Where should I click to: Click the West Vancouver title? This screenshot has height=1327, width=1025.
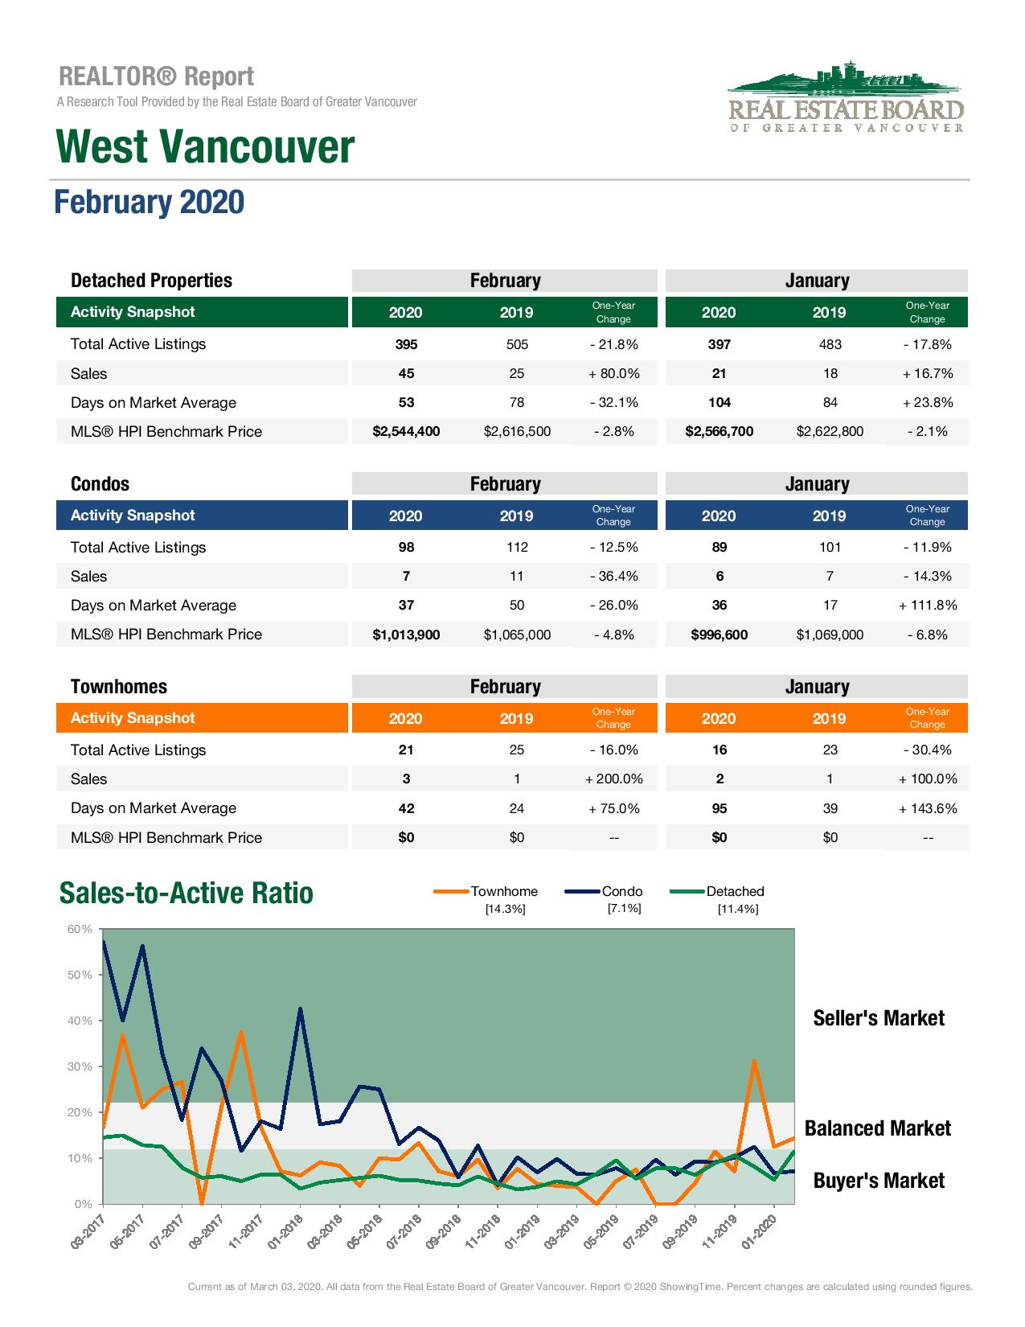click(x=205, y=147)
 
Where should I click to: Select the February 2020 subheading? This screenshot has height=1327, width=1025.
click(x=149, y=202)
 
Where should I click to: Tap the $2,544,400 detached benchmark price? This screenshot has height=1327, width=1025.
click(x=406, y=431)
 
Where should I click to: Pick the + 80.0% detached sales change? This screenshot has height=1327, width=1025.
click(x=613, y=373)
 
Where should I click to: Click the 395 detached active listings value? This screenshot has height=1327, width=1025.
click(x=406, y=344)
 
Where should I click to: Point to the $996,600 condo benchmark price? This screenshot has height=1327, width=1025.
click(x=719, y=635)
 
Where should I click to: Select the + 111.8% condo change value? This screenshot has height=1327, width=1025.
click(x=927, y=606)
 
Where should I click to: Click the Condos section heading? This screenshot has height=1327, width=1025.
click(x=100, y=483)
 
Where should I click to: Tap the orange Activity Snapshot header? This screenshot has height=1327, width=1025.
click(x=133, y=718)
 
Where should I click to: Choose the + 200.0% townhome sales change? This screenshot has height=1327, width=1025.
click(x=613, y=779)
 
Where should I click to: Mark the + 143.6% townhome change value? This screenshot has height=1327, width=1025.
click(x=927, y=808)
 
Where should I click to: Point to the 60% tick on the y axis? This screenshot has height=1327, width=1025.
click(x=80, y=929)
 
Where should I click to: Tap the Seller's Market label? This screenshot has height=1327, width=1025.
click(x=879, y=1018)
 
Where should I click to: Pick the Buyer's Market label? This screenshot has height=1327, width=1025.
click(x=879, y=1181)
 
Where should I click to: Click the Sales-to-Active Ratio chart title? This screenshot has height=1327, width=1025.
click(x=187, y=894)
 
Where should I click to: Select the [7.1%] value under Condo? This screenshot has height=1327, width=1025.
click(x=624, y=909)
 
